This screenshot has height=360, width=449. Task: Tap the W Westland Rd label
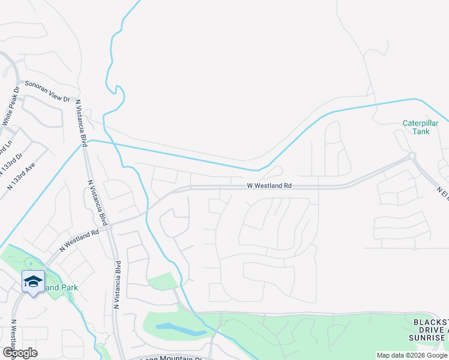pyautogui.click(x=270, y=186)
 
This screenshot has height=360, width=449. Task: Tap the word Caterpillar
pyautogui.click(x=421, y=124)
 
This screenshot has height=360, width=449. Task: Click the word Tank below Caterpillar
pyautogui.click(x=421, y=132)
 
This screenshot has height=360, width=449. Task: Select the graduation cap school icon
pyautogui.click(x=34, y=281)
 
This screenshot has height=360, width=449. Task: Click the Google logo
pyautogui.click(x=20, y=353)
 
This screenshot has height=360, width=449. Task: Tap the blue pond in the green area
pyautogui.click(x=180, y=329)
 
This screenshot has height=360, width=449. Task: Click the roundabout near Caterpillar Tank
pyautogui.click(x=412, y=156)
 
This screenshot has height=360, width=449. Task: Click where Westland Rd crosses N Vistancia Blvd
pyautogui.click(x=110, y=227)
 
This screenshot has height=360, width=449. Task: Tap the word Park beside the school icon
pyautogui.click(x=69, y=287)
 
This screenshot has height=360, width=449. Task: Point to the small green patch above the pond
pyautogui.click(x=163, y=281)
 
